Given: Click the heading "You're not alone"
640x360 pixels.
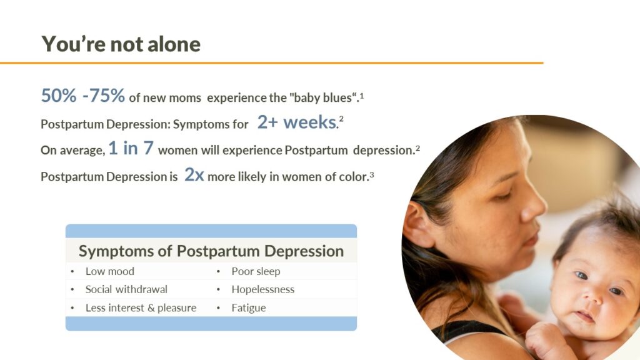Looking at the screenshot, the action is click(x=121, y=44).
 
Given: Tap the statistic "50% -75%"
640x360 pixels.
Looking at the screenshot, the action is click(x=83, y=96).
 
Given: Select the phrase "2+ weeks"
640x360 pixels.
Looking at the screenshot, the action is click(x=297, y=122).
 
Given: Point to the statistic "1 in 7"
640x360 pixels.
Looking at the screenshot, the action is click(x=131, y=148).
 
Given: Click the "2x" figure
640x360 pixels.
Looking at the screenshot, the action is click(x=194, y=175).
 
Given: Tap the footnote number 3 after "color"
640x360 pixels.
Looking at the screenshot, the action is click(x=371, y=174).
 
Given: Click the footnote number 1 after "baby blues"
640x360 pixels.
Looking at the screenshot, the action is click(x=362, y=96).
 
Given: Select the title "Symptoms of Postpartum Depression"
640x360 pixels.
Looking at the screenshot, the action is click(x=211, y=251).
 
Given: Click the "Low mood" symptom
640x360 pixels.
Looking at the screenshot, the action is click(x=110, y=271).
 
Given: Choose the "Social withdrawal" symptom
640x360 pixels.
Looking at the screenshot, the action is click(x=126, y=289).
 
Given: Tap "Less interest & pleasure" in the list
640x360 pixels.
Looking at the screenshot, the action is click(x=141, y=307).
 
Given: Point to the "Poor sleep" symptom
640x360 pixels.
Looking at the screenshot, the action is click(x=256, y=271).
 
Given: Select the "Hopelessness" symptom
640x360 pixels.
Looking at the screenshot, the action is click(x=263, y=289).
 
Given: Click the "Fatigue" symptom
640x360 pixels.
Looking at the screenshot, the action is click(x=249, y=307).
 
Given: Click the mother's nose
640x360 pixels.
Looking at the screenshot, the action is click(x=532, y=204).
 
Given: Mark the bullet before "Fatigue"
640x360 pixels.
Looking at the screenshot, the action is click(x=218, y=307).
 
